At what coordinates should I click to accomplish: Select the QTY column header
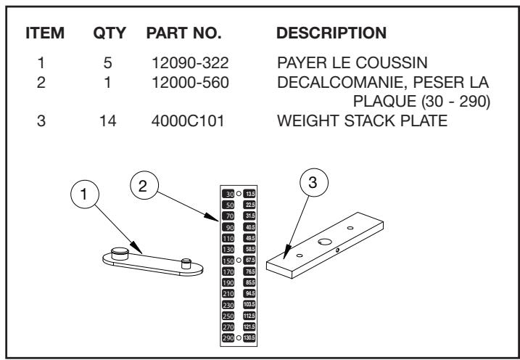112,35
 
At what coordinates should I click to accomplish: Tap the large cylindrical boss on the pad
120,253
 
